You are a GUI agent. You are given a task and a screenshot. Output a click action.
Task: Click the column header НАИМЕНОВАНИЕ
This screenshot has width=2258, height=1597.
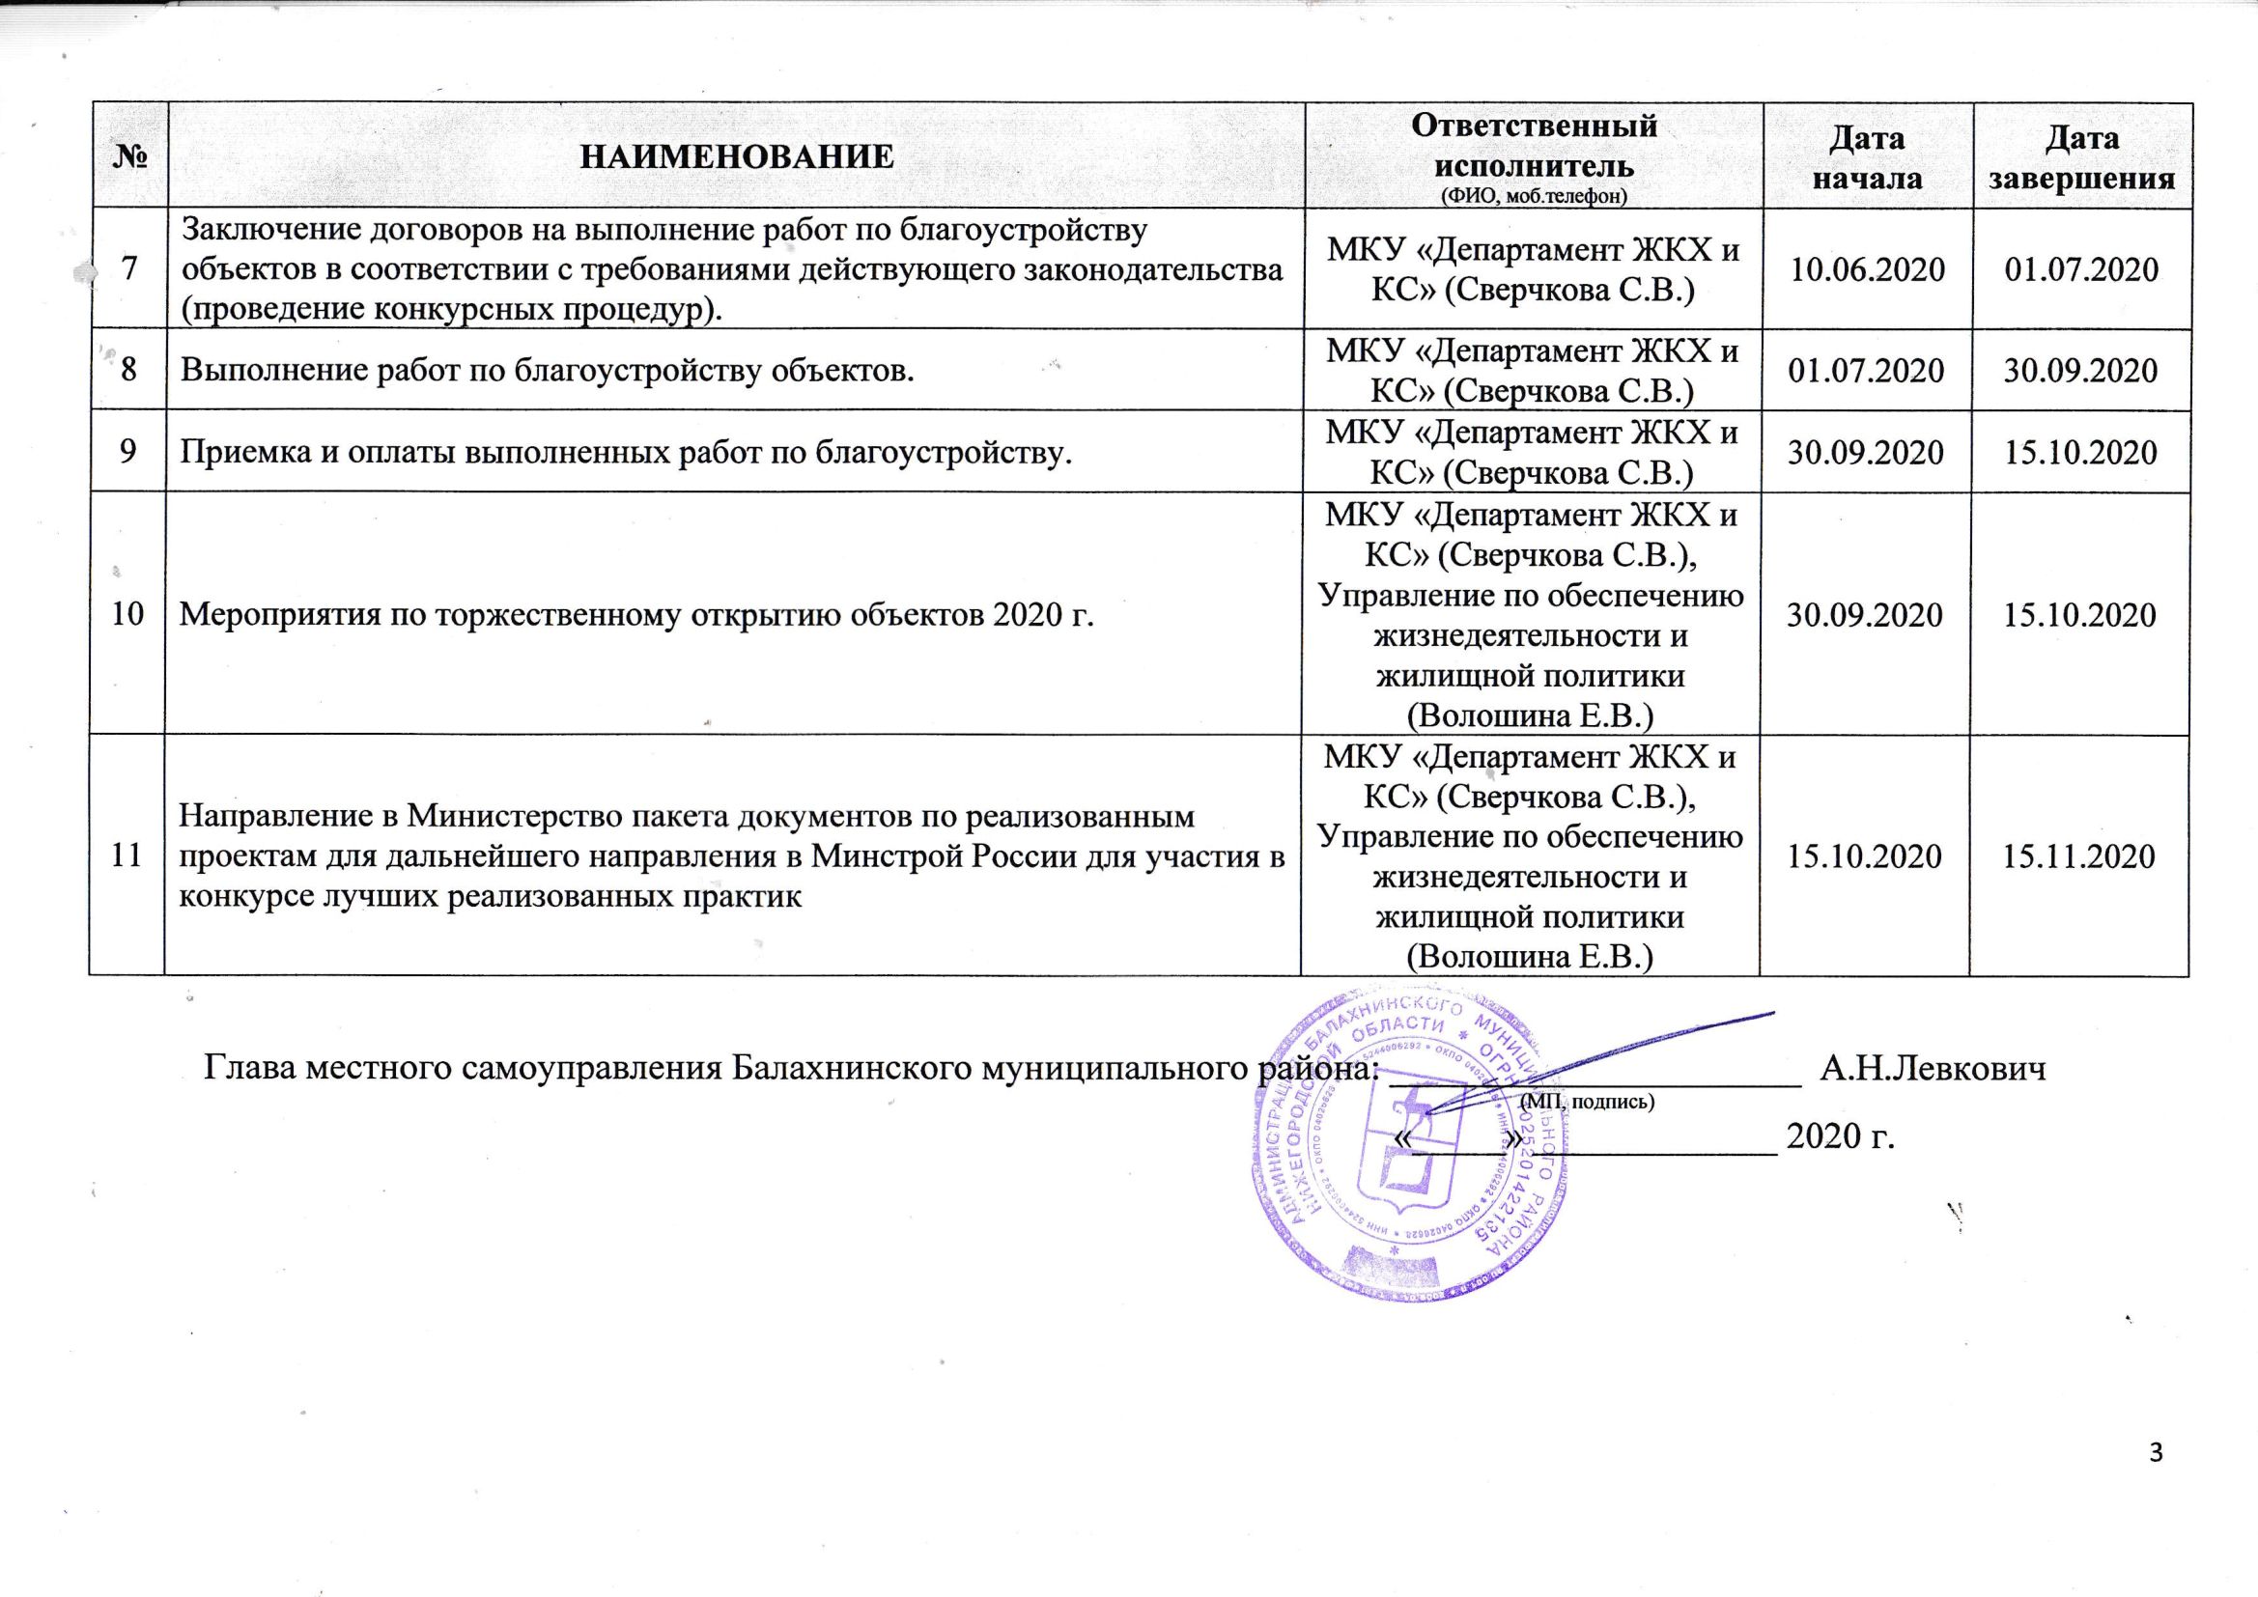[737, 156]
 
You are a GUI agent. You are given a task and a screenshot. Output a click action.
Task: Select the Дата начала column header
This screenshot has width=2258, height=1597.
[1866, 156]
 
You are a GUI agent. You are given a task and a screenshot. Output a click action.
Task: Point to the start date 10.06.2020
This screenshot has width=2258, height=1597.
[1866, 269]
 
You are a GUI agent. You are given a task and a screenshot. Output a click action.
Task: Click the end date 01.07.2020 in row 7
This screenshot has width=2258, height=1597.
[2081, 269]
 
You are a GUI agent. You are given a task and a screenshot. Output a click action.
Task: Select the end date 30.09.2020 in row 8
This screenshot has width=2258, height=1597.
[2081, 370]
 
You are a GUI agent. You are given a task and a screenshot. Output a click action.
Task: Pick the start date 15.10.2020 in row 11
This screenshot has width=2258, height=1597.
[1865, 855]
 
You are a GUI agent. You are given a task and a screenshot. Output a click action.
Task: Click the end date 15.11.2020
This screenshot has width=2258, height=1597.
[2081, 855]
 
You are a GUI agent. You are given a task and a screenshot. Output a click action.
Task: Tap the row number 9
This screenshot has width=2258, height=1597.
[128, 451]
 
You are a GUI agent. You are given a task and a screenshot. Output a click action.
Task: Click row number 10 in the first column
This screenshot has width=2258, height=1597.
[127, 614]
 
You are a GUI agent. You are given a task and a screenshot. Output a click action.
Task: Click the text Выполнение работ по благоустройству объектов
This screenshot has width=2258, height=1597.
[547, 370]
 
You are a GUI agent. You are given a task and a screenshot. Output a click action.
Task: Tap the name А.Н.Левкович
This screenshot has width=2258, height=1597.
[1933, 1067]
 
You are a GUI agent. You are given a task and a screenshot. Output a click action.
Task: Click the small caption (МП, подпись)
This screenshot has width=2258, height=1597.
[1588, 1102]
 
